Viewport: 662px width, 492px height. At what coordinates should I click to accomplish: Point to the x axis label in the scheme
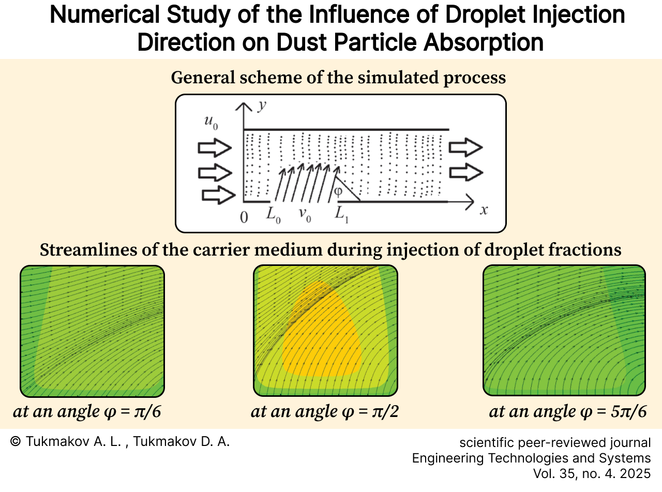[x=484, y=211]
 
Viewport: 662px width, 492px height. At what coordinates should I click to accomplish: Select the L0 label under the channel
[x=274, y=214]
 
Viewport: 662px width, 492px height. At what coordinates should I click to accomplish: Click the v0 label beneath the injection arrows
[x=304, y=214]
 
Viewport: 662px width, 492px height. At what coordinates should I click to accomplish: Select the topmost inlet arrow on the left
[x=214, y=149]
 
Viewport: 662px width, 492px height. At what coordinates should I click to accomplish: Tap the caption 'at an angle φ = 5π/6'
[x=567, y=412]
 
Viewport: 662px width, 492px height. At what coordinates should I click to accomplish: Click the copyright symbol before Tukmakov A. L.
[x=16, y=441]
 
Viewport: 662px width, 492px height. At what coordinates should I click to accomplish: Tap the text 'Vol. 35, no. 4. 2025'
[x=592, y=473]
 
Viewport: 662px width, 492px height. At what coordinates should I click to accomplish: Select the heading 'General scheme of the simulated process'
[x=338, y=78]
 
